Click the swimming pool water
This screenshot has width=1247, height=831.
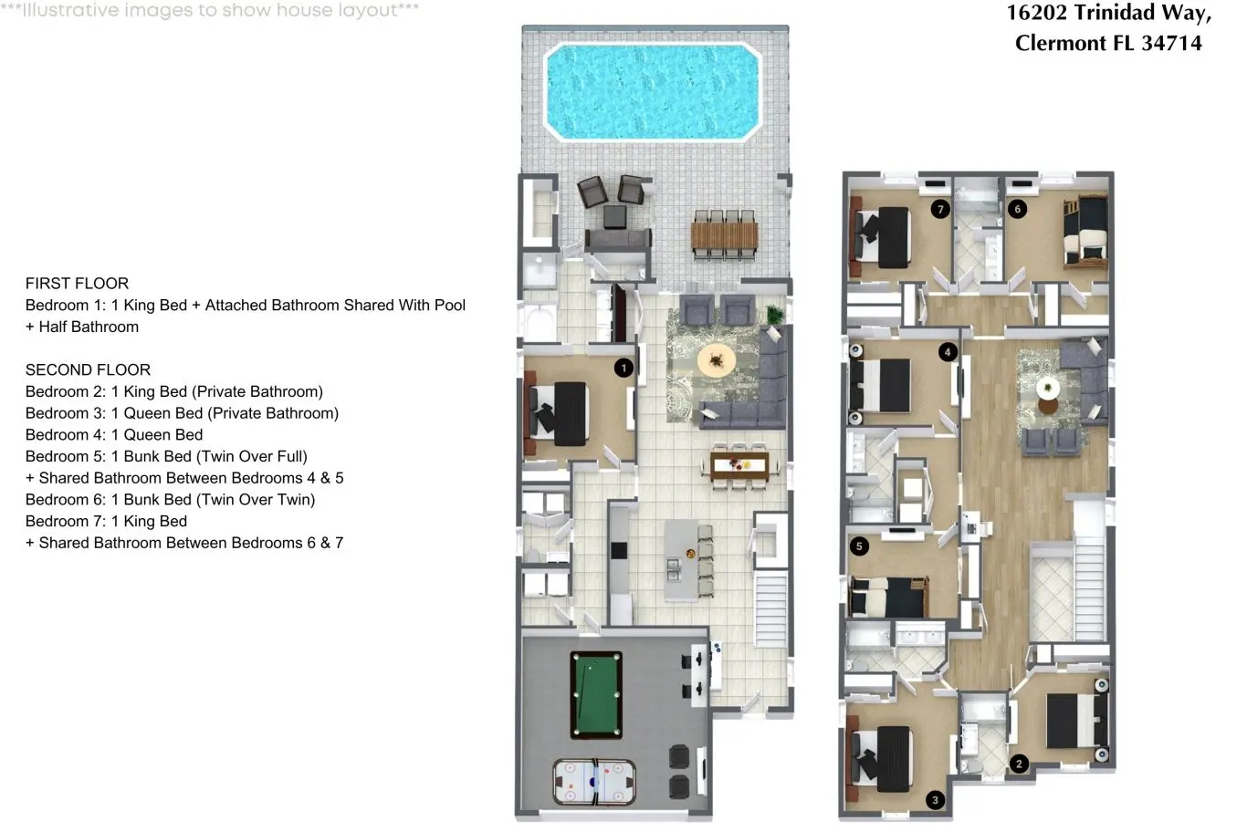[652, 92]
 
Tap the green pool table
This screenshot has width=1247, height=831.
[596, 695]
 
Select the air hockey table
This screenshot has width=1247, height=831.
[594, 783]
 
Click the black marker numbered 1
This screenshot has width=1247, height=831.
[623, 368]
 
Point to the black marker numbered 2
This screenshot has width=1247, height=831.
[1020, 763]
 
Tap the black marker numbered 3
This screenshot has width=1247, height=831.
[935, 800]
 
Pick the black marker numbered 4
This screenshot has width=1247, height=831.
[948, 351]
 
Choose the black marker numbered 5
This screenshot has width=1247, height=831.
[859, 546]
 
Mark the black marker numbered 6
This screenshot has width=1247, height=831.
[1017, 209]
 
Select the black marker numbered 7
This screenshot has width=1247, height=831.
[940, 209]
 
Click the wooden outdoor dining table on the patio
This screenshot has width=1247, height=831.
[724, 236]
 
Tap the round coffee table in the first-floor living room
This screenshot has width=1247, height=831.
[717, 360]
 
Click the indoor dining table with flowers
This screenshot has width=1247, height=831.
[739, 465]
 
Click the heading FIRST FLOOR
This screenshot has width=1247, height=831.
[77, 284]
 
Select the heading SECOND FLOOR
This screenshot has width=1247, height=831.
[88, 369]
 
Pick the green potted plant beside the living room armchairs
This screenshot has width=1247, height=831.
[774, 315]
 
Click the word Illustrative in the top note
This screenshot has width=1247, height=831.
[70, 9]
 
